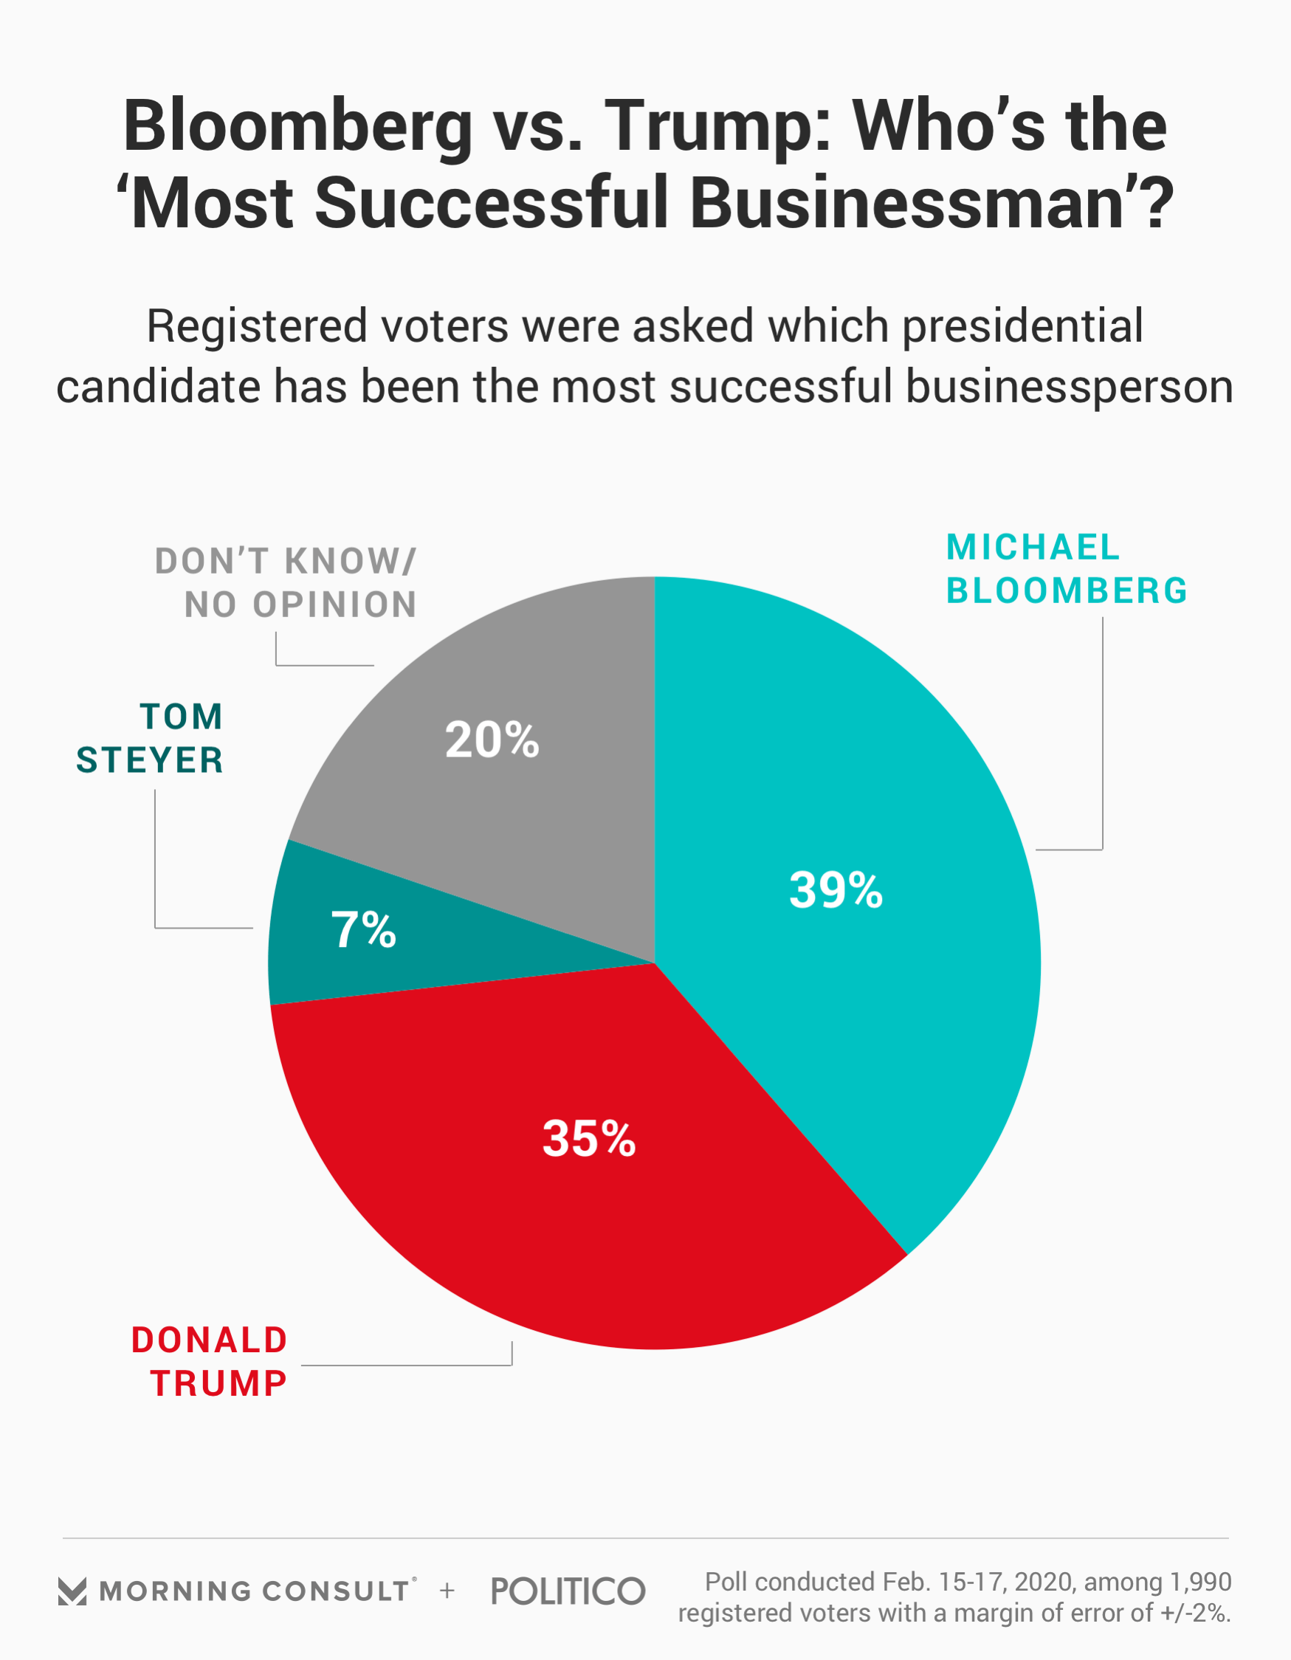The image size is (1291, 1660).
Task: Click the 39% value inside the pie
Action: pos(836,890)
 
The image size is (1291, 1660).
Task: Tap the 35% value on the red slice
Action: pos(588,1139)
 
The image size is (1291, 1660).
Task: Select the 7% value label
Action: pos(363,929)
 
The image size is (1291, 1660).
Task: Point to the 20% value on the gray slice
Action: pos(492,740)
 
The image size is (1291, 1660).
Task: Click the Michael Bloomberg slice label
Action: pos(1066,569)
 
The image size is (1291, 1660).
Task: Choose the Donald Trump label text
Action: pos(210,1362)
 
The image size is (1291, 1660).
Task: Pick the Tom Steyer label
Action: pos(151,739)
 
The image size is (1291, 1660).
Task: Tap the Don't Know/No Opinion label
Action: pos(286,584)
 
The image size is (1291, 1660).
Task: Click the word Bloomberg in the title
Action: pos(298,126)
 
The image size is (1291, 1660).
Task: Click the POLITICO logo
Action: pos(568,1591)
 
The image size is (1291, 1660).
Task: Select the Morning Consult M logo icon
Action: pos(72,1591)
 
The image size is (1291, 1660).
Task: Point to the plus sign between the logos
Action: pos(447,1591)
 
